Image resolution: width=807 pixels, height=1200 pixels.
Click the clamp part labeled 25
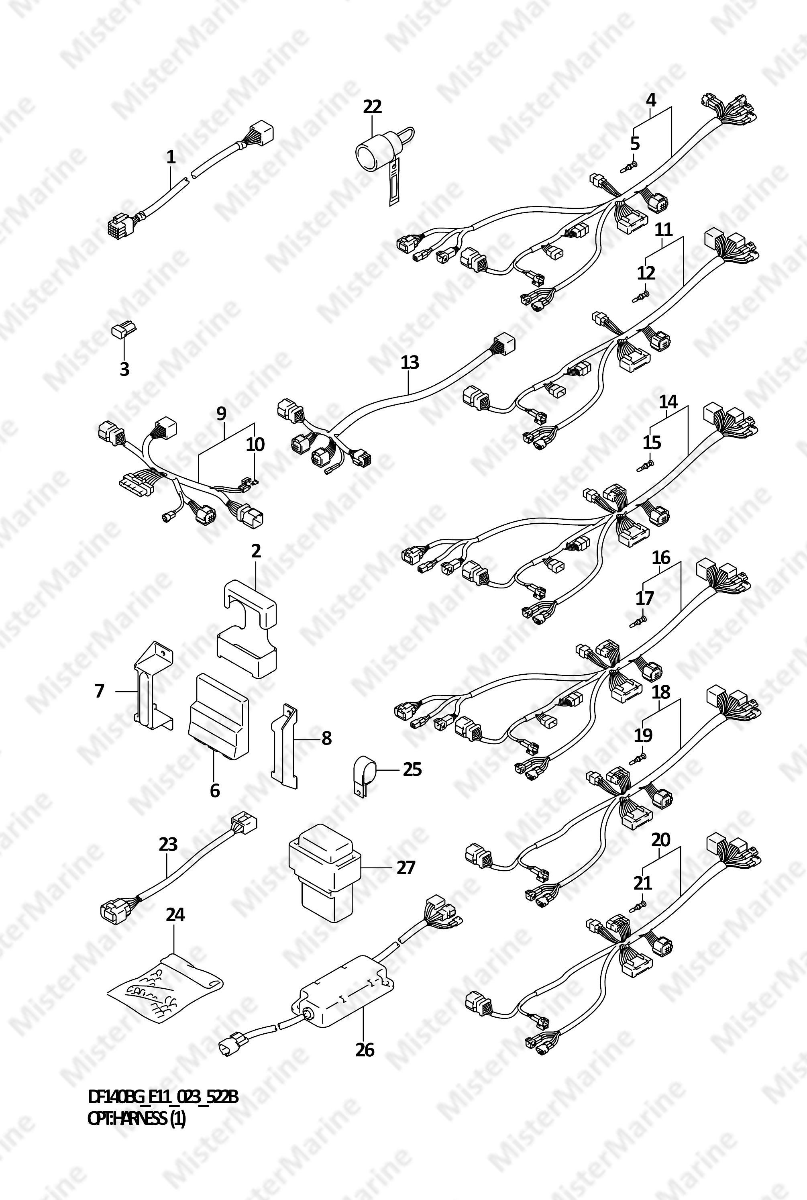(x=363, y=777)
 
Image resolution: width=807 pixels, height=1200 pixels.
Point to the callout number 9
(x=221, y=413)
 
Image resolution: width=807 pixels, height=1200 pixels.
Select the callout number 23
(x=168, y=844)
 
